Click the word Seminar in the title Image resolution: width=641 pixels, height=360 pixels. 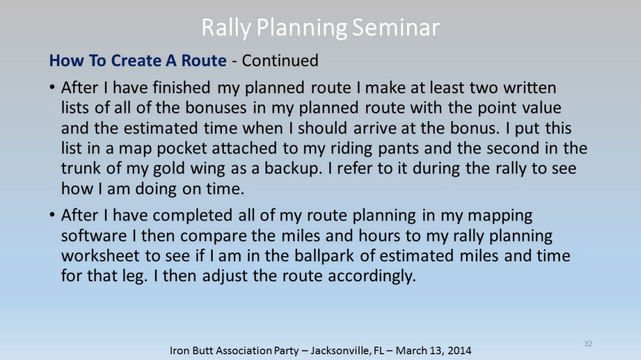395,28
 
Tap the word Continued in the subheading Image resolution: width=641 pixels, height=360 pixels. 280,60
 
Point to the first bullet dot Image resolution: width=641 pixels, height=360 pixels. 52,87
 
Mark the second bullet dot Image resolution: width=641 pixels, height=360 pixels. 52,215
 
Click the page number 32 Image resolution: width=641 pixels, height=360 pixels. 588,343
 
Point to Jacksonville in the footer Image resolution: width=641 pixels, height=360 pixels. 340,350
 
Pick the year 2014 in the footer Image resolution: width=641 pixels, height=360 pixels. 459,350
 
